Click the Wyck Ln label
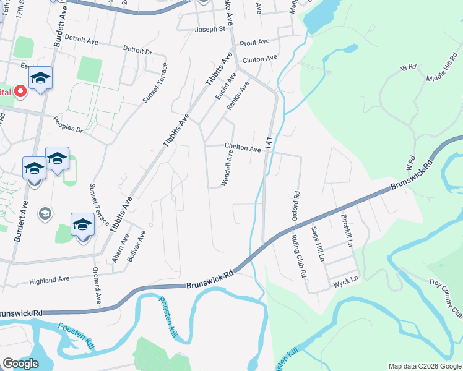(346, 279)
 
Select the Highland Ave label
(50, 279)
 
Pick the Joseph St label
(210, 29)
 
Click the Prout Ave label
(255, 42)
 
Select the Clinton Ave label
(260, 59)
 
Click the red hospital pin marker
(20, 92)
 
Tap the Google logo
(20, 364)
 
